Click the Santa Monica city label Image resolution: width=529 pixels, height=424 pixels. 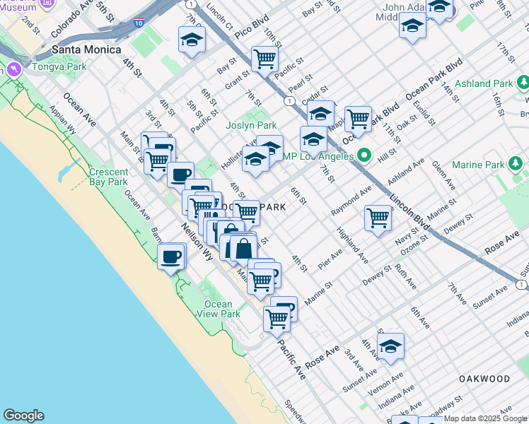[86, 50]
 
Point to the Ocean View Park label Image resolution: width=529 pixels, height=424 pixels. [218, 309]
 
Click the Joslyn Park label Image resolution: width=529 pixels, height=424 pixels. [250, 125]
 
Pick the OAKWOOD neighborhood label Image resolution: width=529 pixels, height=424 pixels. [484, 379]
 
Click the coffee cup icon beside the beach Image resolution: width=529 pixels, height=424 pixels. [170, 258]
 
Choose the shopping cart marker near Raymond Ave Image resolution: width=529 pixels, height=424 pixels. [378, 218]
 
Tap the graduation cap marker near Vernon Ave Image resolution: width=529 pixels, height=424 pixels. [390, 346]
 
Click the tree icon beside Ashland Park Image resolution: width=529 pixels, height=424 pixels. [522, 83]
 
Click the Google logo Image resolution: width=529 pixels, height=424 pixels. [23, 416]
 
